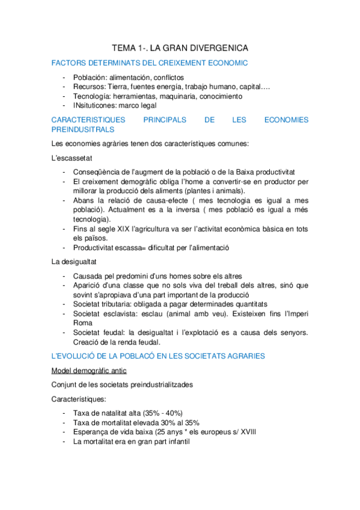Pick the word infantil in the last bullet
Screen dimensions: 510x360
click(x=173, y=441)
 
